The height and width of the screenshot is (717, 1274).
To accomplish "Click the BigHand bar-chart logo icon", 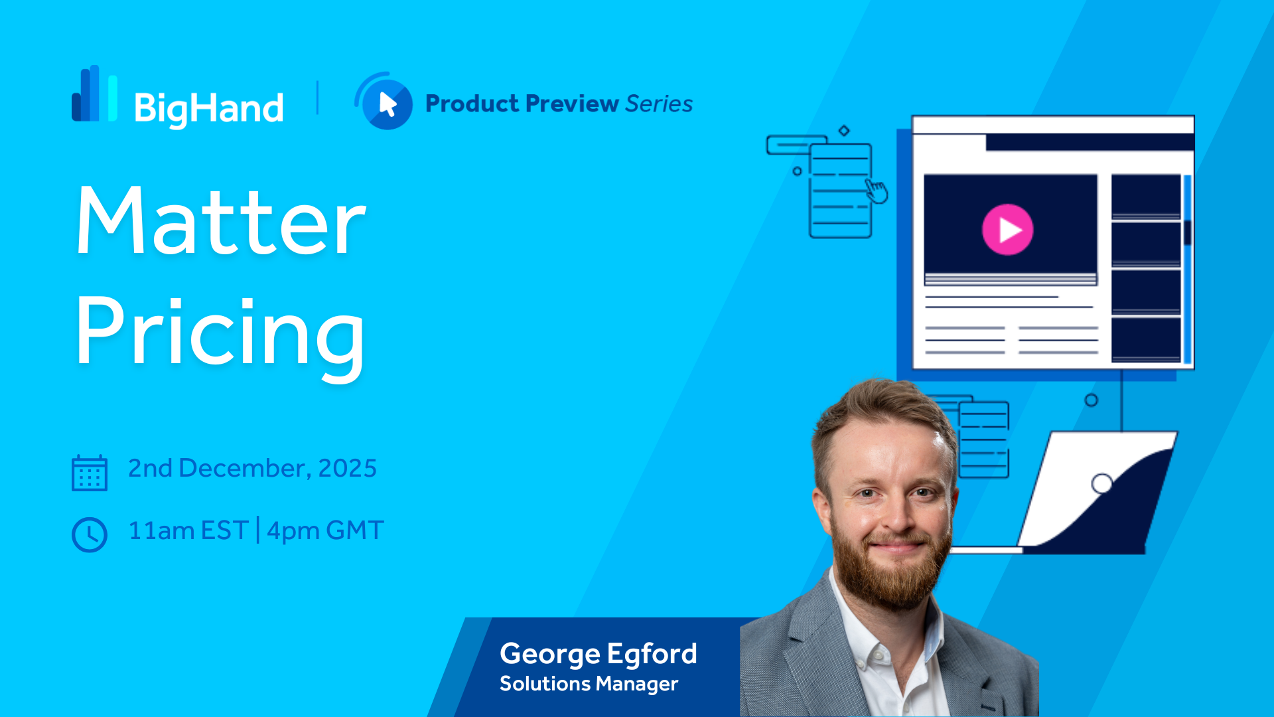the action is point(95,94).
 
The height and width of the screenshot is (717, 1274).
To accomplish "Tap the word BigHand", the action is point(209,109).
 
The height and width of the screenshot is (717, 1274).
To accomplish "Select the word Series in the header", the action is point(659,104).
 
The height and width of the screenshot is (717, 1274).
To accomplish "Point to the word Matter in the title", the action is point(221,221).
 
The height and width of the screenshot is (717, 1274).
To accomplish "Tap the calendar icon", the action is point(90,473).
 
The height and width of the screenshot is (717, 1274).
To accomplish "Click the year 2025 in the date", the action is point(347,468).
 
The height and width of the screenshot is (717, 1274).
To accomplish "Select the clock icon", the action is point(90,534).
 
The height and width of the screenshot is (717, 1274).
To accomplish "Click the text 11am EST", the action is point(188,530).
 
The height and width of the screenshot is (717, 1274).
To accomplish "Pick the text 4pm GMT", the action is point(325,530).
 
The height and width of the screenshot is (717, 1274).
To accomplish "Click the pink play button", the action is point(1007,230).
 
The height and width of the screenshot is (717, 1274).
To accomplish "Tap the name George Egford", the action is point(599,655).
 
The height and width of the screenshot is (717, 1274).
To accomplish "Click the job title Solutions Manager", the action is point(589,684).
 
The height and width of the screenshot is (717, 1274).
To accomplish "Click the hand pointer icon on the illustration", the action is point(877,191).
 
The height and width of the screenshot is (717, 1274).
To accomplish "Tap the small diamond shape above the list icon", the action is point(844,131).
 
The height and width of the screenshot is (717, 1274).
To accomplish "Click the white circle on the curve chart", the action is point(1102,483).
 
